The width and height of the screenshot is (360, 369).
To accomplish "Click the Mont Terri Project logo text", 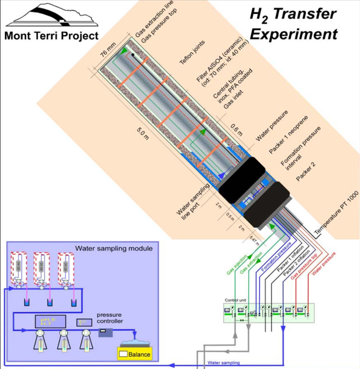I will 52,36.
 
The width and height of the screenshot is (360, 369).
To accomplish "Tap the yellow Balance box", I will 135,354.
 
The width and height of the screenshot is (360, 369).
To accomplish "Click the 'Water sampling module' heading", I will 114,247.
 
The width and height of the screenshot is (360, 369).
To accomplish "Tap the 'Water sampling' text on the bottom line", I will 224,363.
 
